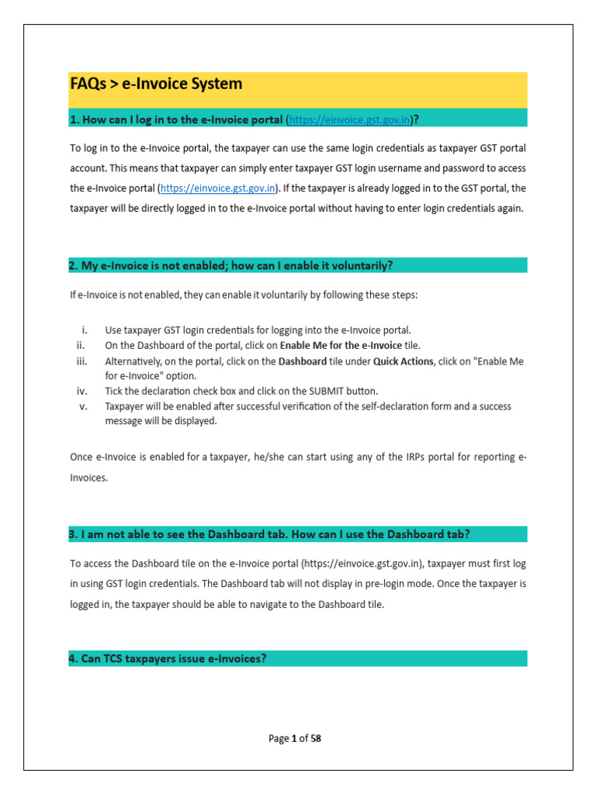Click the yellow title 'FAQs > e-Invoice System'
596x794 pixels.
point(156,84)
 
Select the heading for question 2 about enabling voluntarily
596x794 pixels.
point(231,266)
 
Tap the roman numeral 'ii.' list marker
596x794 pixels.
point(83,345)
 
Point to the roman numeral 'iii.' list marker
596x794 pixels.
point(82,361)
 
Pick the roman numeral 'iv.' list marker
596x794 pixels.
point(82,391)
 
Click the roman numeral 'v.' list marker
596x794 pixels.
point(83,406)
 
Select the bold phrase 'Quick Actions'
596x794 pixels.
point(403,361)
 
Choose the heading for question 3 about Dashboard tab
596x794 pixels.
point(269,534)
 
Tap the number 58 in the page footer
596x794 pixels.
point(316,739)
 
